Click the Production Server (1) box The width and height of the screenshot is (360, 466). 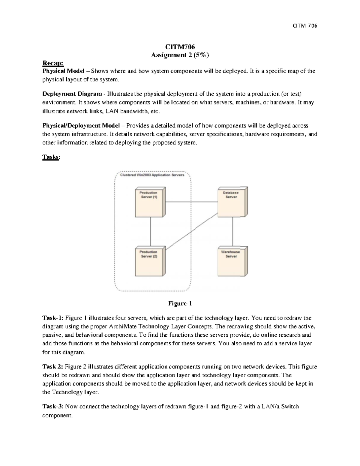pos(150,202)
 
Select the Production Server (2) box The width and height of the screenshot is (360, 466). pos(150,262)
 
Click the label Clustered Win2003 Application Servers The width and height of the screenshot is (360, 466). pos(152,175)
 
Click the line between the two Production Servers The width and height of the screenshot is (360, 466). pos(151,232)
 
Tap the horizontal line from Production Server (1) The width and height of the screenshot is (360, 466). pos(192,202)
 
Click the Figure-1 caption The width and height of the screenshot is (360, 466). pos(180,303)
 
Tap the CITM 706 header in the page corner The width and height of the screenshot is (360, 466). pos(305,26)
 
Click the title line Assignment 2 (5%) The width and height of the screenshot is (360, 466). pos(180,55)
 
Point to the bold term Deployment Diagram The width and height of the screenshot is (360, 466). pos(72,94)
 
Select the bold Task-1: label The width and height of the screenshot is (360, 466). pos(53,318)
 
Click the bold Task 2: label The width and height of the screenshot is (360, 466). pos(53,366)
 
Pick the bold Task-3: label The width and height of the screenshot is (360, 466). pos(53,407)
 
